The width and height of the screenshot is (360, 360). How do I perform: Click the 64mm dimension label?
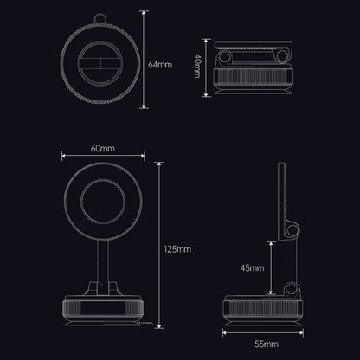tap(160, 65)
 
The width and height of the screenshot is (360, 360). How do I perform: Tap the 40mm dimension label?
tap(198, 65)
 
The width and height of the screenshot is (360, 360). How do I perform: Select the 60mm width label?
tap(102, 149)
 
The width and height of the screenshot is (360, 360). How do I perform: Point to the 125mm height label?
tap(177, 249)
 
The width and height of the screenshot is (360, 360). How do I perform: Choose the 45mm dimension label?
tap(254, 268)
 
